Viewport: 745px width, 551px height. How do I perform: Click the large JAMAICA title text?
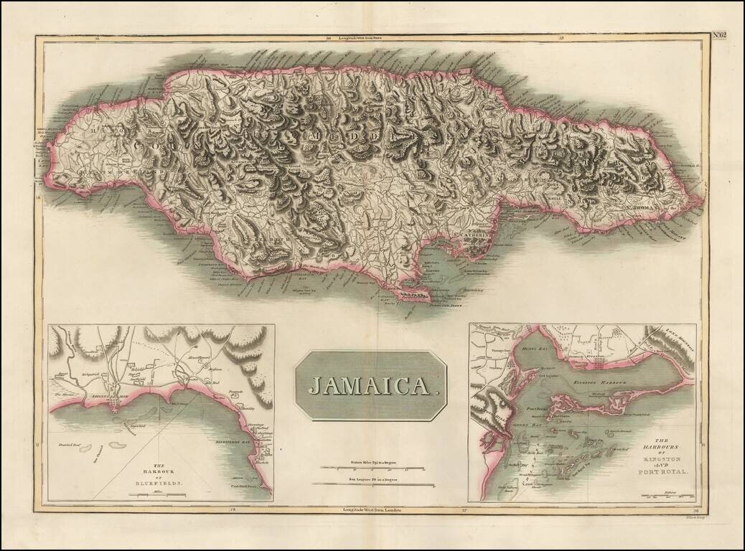click(370, 385)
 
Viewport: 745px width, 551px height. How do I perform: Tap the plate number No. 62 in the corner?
click(719, 34)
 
